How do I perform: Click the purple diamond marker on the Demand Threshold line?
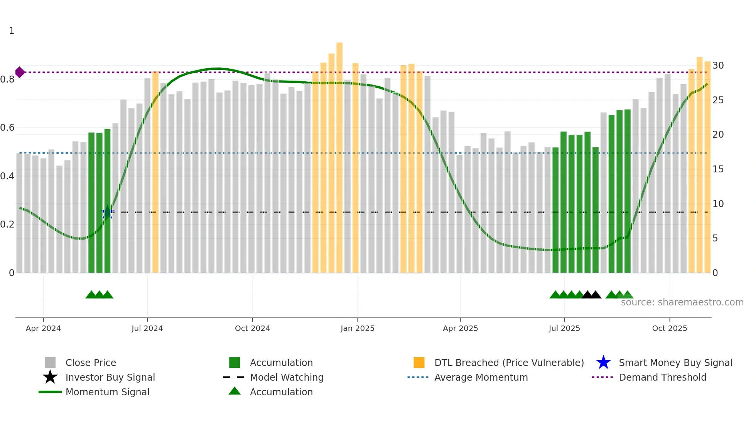[x=20, y=72]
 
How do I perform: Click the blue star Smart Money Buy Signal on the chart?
[x=107, y=212]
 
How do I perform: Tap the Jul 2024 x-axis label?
[x=147, y=328]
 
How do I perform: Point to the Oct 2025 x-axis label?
[x=669, y=328]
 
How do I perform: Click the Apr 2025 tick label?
[x=460, y=328]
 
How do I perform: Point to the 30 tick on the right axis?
[x=718, y=66]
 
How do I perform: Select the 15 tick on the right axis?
[x=718, y=169]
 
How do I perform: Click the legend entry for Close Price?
[x=91, y=363]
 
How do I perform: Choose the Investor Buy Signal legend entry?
[x=110, y=377]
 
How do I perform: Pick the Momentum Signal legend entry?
[x=107, y=392]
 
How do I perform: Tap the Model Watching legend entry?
[x=287, y=377]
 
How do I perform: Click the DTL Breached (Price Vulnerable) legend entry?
[x=509, y=363]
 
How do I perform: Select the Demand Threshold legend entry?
[x=662, y=377]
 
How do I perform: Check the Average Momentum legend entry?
[x=481, y=377]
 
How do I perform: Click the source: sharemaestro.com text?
[x=682, y=302]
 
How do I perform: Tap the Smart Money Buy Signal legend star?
[x=603, y=363]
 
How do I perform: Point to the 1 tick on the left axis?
[x=12, y=31]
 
